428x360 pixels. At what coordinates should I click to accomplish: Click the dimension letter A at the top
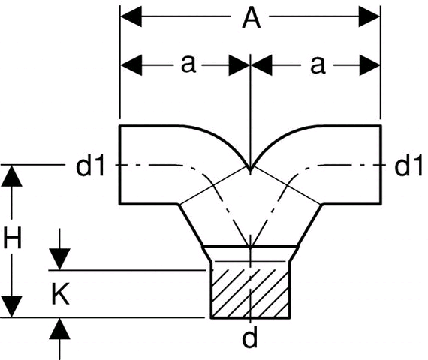251,18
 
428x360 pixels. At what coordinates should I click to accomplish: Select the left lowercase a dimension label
188,64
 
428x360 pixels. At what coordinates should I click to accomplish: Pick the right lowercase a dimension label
318,65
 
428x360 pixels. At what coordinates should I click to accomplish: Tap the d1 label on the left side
90,166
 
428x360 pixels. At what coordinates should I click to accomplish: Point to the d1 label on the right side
408,165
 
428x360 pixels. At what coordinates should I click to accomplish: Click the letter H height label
12,238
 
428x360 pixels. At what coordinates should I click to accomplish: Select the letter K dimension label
60,294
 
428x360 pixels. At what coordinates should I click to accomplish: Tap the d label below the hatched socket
250,337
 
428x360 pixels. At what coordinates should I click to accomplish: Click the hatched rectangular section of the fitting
250,293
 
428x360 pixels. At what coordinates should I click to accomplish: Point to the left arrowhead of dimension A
131,16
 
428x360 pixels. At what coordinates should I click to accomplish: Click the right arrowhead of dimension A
369,16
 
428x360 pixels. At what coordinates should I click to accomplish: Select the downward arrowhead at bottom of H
11,307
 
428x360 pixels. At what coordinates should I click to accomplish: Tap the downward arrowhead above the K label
59,259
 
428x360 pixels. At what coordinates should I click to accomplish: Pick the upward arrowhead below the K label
59,328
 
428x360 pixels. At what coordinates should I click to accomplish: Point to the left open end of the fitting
119,165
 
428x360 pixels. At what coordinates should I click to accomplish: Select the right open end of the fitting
381,165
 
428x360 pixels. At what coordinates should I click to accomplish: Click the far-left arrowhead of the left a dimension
131,65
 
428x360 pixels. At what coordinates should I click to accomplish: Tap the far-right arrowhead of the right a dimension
369,65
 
